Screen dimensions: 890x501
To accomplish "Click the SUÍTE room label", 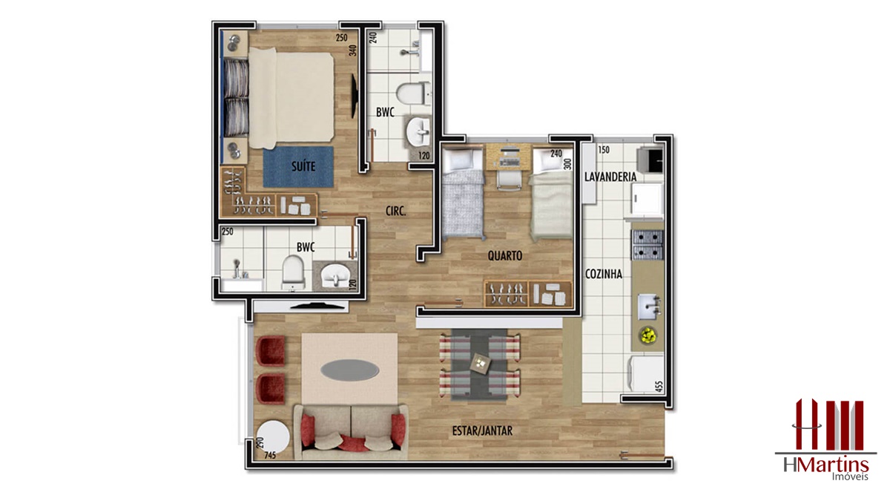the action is pos(303,166).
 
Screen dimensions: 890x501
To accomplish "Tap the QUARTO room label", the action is pos(505,255).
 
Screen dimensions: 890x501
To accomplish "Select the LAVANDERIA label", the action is pos(610,177).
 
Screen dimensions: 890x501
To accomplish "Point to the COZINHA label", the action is pos(604,274).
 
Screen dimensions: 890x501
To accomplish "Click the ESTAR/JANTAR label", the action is pos(482,430).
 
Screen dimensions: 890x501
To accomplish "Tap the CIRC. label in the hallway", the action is pos(396,211).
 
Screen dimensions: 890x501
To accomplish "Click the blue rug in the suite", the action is pos(298,167).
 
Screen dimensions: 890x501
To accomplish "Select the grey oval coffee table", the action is pos(349,370).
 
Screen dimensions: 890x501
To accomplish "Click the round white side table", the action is pos(273,437).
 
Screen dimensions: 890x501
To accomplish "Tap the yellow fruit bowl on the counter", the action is pos(648,335).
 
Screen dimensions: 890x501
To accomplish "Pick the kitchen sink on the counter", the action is pos(650,307).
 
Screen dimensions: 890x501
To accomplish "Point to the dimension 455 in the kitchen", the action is pos(659,387).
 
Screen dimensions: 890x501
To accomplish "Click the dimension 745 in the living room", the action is pos(270,456).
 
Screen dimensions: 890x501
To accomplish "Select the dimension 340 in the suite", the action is pos(353,50).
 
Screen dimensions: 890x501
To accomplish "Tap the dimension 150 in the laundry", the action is pos(604,150).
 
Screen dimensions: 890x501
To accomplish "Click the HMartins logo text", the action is pos(825,465).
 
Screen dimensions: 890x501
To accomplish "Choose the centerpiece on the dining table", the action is pos(481,364).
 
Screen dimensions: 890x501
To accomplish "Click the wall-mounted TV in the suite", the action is pos(353,96).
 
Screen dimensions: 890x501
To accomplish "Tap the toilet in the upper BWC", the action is pos(413,94).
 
